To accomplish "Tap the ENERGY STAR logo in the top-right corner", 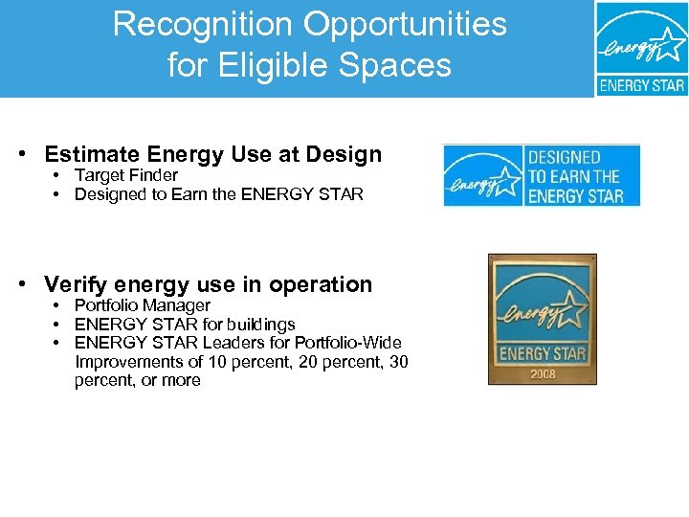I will click(x=641, y=48).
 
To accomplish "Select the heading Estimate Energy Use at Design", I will click(x=212, y=154).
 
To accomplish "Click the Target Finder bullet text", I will click(x=126, y=175).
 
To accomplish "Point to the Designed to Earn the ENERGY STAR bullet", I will click(x=218, y=194).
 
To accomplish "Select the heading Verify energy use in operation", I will click(x=208, y=284).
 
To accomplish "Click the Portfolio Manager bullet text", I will click(x=142, y=305).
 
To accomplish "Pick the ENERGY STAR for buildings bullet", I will click(x=185, y=325).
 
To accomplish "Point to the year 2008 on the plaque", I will click(x=542, y=373).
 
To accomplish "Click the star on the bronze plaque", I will click(x=568, y=309).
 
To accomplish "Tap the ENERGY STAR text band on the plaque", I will click(x=542, y=353).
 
